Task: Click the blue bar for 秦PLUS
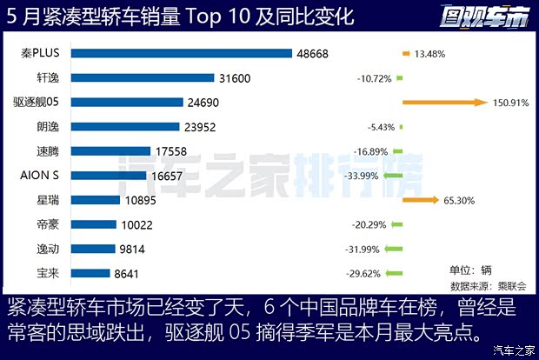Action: (181, 53)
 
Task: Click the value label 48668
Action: (314, 53)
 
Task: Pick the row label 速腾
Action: (48, 151)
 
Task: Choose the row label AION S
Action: (40, 176)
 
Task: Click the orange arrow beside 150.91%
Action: (443, 103)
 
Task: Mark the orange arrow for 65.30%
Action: (420, 200)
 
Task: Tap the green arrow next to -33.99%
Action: (395, 176)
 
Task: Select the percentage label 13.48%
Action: (430, 54)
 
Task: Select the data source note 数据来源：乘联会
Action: (484, 284)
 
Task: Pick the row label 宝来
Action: (48, 273)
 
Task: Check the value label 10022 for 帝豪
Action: (137, 224)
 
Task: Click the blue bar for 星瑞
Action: (95, 200)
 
